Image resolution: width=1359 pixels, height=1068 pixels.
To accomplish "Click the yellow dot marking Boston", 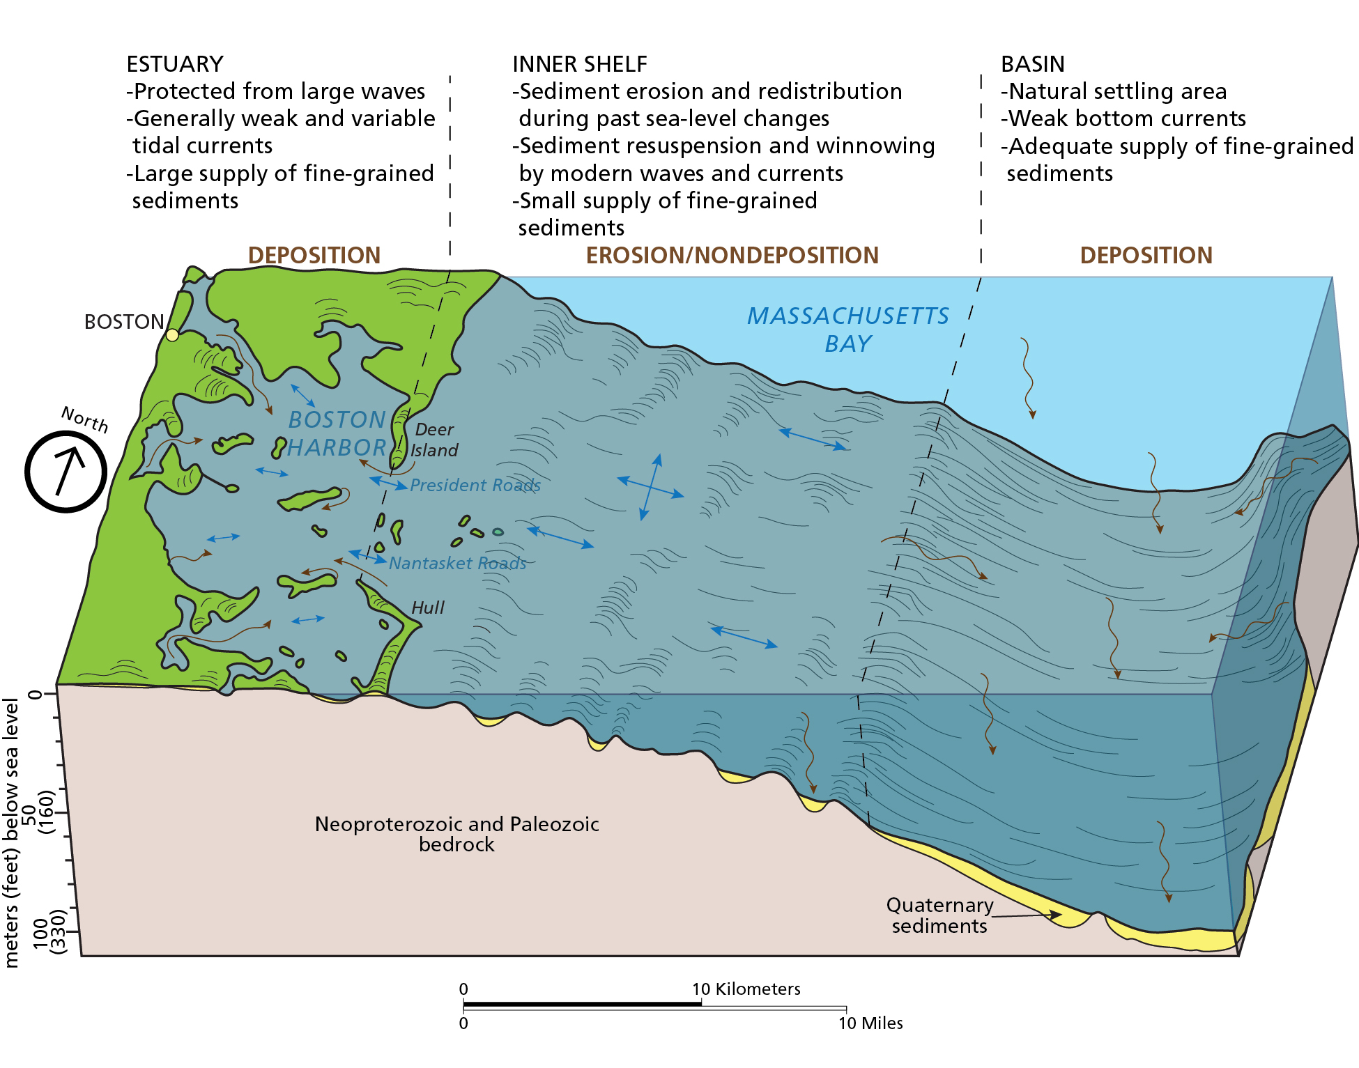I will (172, 335).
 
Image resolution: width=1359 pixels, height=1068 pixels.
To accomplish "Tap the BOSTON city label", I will (124, 322).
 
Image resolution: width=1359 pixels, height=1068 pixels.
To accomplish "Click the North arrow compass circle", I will (66, 472).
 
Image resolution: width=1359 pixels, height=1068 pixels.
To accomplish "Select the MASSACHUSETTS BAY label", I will (847, 330).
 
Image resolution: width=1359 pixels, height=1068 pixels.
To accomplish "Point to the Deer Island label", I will (433, 440).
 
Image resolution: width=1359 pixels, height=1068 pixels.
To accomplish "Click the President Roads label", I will (475, 485).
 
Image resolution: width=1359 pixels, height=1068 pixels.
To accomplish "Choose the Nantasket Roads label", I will (457, 563).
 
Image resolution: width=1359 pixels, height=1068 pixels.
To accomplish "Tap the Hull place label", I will (427, 607).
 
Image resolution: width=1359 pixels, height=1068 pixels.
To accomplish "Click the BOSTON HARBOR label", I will (337, 433).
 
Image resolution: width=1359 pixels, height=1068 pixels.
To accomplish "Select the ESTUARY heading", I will (175, 64).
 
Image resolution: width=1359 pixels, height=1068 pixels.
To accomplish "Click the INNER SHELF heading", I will (579, 64).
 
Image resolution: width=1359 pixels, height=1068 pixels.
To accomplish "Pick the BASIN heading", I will (1032, 64).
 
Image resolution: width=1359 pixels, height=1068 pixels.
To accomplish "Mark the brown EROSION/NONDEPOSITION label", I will (732, 255).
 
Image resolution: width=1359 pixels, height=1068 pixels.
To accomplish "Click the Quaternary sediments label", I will (939, 915).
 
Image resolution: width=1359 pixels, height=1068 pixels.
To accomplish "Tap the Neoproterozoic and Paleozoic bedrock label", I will (456, 834).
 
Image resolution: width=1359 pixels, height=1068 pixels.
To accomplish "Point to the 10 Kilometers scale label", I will (746, 989).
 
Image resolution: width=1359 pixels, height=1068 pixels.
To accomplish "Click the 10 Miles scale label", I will (870, 1023).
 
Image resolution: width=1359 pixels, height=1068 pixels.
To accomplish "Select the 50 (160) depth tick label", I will (38, 812).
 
